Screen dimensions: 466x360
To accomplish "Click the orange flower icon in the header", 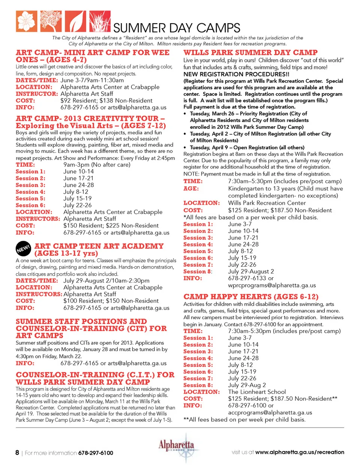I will (26, 21).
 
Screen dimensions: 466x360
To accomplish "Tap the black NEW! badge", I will (23, 249).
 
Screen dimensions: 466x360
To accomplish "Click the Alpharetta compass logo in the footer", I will (176, 448).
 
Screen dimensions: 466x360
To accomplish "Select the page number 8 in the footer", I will (17, 452).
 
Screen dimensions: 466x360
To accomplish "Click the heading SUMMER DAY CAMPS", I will (177, 28).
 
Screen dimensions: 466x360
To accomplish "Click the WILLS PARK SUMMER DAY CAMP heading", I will (250, 53).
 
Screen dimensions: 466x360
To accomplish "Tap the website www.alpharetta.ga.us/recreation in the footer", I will (299, 452).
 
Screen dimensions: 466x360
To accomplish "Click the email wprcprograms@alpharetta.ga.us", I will (272, 285).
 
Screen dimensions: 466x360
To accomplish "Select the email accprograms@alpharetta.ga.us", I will (270, 412).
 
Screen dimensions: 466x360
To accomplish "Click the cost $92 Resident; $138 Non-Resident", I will (106, 101).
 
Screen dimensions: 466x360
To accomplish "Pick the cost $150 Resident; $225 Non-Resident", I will (111, 225).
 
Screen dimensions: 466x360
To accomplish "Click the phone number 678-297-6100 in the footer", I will (96, 453).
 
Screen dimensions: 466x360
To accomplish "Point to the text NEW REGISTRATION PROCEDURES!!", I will (236, 74).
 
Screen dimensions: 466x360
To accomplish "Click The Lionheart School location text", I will (257, 392).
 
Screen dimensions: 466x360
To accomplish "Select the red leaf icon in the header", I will (75, 21).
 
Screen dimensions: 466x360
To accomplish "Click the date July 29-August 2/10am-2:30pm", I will (106, 281).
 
